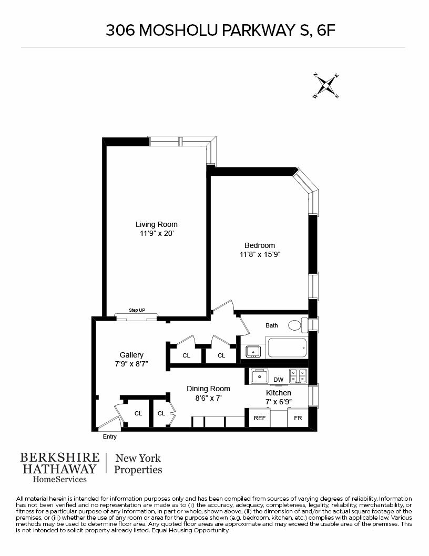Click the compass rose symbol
click(326, 85)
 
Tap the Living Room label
click(157, 224)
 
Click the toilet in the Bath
click(296, 325)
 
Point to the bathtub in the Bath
click(287, 348)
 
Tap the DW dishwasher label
click(279, 380)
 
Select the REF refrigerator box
click(260, 418)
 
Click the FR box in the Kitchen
click(298, 418)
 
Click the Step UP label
click(137, 310)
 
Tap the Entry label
click(110, 437)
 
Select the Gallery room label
click(131, 355)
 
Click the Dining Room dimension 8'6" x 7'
click(208, 398)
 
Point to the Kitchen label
click(279, 393)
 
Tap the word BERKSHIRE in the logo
click(59, 457)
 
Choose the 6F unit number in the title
click(324, 31)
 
